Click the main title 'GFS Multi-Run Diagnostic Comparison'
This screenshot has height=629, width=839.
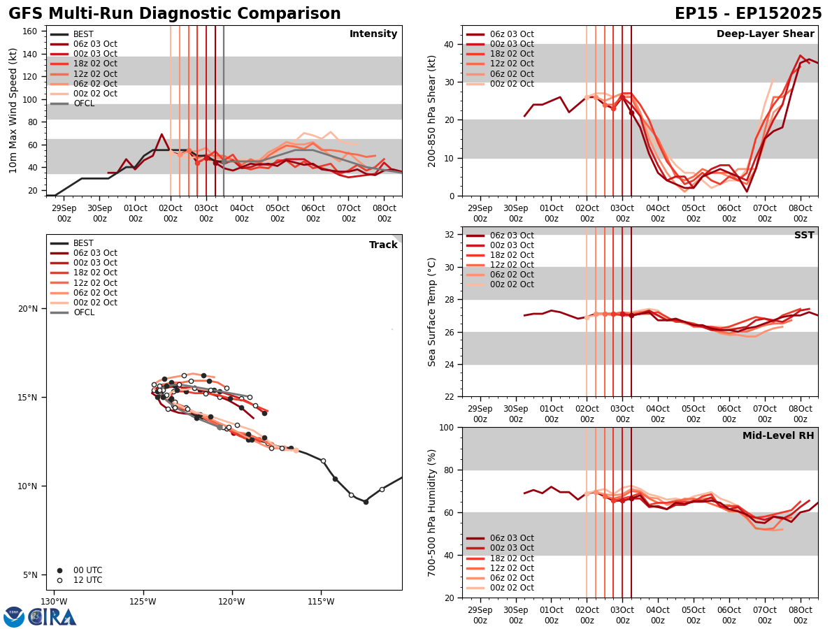(175, 14)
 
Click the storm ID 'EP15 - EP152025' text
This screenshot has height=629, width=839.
(748, 14)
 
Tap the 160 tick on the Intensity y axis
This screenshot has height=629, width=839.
(31, 31)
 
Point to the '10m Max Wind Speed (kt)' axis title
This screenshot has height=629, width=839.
(13, 110)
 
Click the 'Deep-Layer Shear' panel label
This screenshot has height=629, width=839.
(765, 34)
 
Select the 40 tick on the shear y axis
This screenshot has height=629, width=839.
(449, 44)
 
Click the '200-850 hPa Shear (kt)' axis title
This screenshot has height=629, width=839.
(433, 110)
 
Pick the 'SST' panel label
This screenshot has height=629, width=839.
(804, 236)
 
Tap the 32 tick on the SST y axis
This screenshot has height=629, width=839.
(449, 235)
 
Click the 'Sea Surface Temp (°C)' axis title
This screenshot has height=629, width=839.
(433, 312)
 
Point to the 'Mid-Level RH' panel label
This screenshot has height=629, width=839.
(778, 436)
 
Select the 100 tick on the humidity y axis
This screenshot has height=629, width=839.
(445, 427)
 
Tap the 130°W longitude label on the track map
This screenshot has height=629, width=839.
(54, 600)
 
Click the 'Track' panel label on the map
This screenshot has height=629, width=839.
(383, 245)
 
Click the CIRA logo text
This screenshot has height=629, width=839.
(52, 617)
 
